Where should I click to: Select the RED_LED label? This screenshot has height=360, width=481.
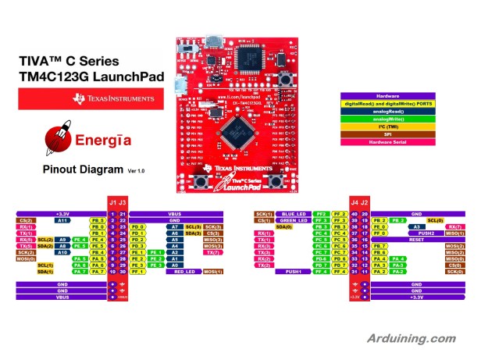point(184,271)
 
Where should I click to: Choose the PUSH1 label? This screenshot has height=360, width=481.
point(294,271)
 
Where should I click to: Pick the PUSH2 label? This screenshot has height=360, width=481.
point(426,233)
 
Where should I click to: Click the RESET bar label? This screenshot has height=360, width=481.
point(415,240)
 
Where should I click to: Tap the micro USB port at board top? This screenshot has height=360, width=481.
point(211,40)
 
